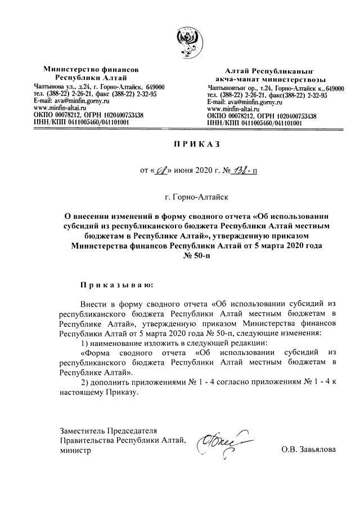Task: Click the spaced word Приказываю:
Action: (116, 285)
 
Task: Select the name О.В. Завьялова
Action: (308, 449)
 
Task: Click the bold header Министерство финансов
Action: (91, 69)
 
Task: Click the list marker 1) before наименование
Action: (84, 343)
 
